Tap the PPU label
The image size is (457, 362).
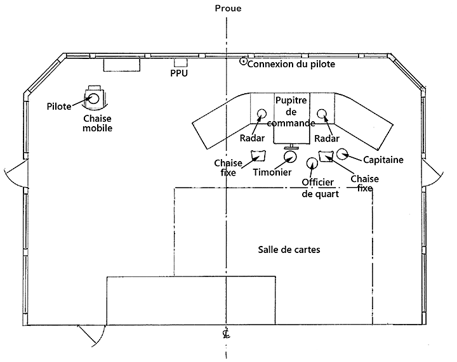point(180,74)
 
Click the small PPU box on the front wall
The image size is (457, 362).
point(181,62)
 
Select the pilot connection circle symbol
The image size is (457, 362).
point(242,61)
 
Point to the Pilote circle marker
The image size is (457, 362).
point(93,98)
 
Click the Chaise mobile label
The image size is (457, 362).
point(98,123)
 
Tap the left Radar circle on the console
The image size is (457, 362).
point(261,114)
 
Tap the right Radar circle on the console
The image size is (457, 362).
point(322,114)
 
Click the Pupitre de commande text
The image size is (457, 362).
point(291,112)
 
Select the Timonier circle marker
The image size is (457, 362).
point(290,157)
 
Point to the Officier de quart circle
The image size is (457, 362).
point(312,163)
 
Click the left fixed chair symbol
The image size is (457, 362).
point(258,155)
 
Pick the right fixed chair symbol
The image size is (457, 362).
point(326,155)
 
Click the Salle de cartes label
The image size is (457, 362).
point(289,249)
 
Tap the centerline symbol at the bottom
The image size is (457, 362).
point(226,334)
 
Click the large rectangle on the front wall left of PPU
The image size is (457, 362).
point(121,64)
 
